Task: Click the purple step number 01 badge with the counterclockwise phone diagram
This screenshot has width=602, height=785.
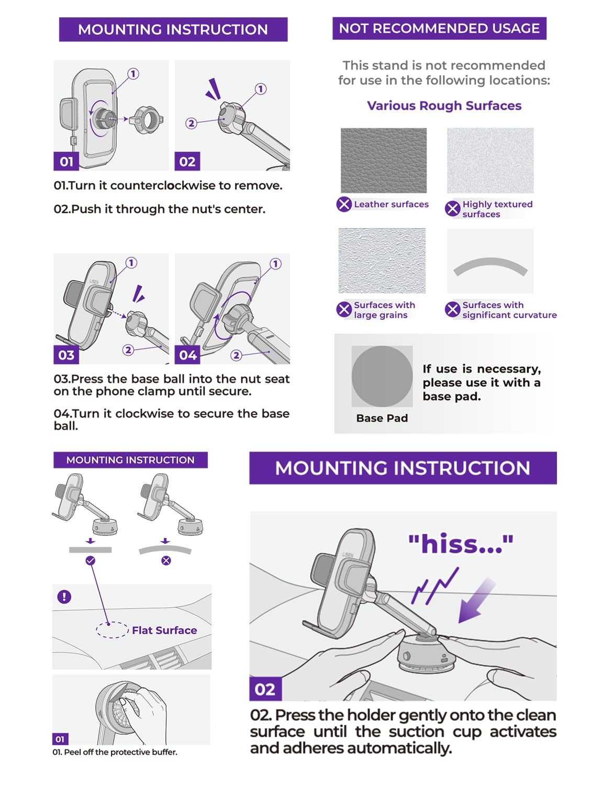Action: pyautogui.click(x=66, y=161)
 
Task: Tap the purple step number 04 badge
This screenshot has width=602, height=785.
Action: pyautogui.click(x=187, y=355)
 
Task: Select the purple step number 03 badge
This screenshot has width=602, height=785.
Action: pyautogui.click(x=66, y=355)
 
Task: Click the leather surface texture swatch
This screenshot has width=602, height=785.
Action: pyautogui.click(x=383, y=160)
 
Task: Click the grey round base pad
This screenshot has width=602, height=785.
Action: pyautogui.click(x=382, y=376)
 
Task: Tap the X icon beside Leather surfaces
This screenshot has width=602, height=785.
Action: pyautogui.click(x=344, y=204)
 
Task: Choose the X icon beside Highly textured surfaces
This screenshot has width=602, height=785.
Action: pyautogui.click(x=452, y=209)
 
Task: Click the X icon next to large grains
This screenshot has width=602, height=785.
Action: pyautogui.click(x=344, y=309)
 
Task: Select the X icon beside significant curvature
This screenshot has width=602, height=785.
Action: pyautogui.click(x=452, y=309)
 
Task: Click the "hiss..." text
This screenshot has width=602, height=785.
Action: pyautogui.click(x=460, y=544)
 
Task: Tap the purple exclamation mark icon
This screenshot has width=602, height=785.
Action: pyautogui.click(x=64, y=597)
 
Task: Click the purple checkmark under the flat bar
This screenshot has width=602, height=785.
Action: pyautogui.click(x=91, y=560)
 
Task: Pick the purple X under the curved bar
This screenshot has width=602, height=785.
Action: pyautogui.click(x=166, y=560)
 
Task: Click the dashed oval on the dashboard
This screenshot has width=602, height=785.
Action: pyautogui.click(x=112, y=630)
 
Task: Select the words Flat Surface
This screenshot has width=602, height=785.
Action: pyautogui.click(x=164, y=630)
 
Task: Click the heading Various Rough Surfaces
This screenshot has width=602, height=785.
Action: pyautogui.click(x=444, y=106)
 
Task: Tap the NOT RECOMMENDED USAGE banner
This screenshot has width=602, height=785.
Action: pyautogui.click(x=439, y=28)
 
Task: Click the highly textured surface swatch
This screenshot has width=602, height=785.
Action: pyautogui.click(x=490, y=160)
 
